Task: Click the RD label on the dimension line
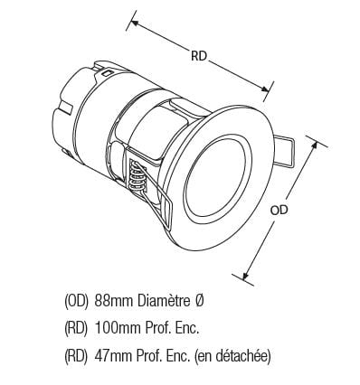pyautogui.click(x=199, y=56)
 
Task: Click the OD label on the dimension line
pyautogui.click(x=279, y=210)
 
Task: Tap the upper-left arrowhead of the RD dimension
pyautogui.click(x=134, y=23)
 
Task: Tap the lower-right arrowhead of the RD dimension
pyautogui.click(x=265, y=89)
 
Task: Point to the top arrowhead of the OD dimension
pyautogui.click(x=314, y=146)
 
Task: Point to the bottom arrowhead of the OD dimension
pyautogui.click(x=245, y=275)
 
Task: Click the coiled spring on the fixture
pyautogui.click(x=137, y=176)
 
